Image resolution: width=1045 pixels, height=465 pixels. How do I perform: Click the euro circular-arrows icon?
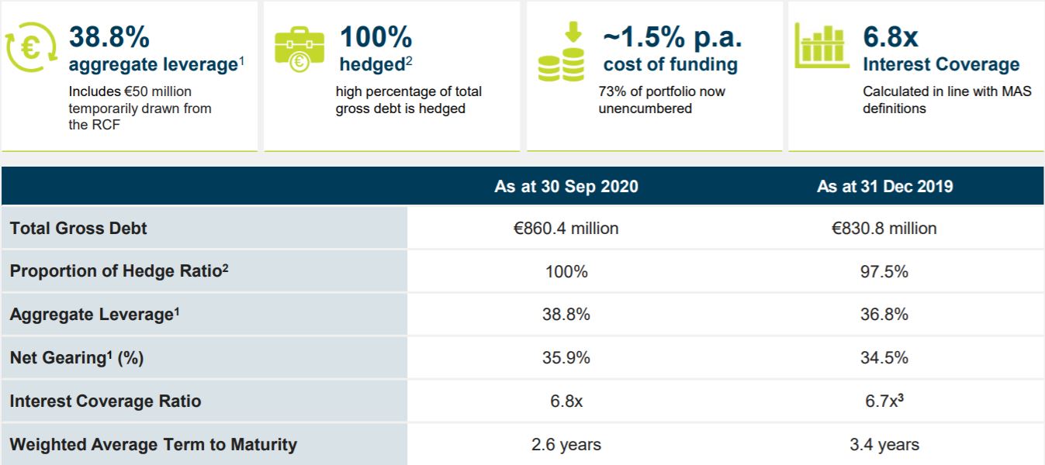click(32, 47)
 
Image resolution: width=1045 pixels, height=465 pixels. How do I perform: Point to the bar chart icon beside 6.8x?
click(822, 46)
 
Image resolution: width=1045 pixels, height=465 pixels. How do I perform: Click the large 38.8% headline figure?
click(109, 36)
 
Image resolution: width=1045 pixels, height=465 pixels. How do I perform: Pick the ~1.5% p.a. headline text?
click(672, 36)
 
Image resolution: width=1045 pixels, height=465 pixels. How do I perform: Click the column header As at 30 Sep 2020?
click(566, 187)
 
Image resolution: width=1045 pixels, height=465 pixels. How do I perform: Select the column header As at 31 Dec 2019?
click(884, 187)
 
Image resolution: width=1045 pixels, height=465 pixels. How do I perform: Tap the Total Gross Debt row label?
click(78, 229)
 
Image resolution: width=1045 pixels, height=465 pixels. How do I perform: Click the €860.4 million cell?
click(566, 229)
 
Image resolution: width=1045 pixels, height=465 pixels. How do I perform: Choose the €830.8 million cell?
click(884, 229)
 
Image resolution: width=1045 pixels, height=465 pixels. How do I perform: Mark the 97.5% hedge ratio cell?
click(884, 272)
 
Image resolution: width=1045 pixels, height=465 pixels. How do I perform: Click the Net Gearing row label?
click(77, 358)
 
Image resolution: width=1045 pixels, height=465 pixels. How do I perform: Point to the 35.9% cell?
click(566, 358)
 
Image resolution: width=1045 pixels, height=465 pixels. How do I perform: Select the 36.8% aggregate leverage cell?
click(884, 315)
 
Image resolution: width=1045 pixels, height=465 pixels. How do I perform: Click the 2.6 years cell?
click(566, 445)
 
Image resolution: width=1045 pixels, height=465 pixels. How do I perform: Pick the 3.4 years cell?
click(884, 445)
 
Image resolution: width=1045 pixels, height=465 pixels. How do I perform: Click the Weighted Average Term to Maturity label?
click(154, 445)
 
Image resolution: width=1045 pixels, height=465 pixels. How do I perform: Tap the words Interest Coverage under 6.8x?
click(941, 65)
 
